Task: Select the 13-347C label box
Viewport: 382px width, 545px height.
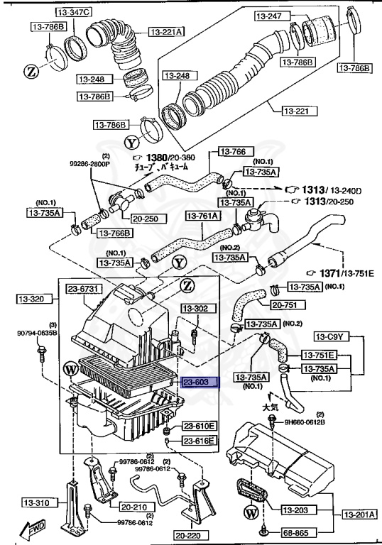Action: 75,13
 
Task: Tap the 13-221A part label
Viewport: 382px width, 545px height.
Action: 167,31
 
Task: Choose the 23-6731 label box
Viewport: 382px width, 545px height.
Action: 85,289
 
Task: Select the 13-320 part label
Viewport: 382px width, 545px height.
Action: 29,299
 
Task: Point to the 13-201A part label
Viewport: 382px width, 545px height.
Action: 359,514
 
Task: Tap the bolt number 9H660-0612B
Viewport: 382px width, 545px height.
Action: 305,422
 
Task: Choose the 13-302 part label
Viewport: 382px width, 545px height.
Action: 195,309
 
